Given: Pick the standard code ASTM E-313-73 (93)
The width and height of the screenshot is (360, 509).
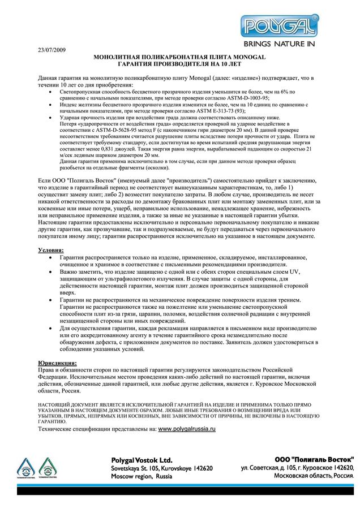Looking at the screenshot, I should pos(221,111).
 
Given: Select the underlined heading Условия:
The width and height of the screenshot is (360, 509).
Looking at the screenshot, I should pos(51,249).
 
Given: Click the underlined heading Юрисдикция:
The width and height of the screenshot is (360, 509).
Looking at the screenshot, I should pos(58,363).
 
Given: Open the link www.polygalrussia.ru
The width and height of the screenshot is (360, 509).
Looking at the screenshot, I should pos(187,429).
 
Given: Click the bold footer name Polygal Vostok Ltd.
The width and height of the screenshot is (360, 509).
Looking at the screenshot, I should pos(142,460).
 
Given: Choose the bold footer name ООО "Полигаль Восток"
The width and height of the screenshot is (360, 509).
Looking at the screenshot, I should pos(314,459).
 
